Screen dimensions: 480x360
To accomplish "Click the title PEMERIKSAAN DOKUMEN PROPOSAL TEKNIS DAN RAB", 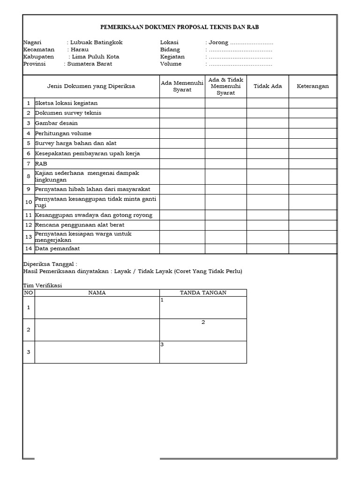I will click(180, 28).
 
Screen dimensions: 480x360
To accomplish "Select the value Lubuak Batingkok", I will click(96, 42).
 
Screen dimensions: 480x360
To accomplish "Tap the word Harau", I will click(79, 49).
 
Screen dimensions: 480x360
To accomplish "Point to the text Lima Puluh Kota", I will click(96, 57).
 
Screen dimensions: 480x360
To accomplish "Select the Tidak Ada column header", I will click(268, 86).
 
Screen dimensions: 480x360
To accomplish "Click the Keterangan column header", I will click(313, 86).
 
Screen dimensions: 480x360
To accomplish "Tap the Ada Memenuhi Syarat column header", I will click(182, 86).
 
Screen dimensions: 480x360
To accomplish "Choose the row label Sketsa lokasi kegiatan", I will click(66, 103).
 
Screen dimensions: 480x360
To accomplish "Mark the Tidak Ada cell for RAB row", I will click(268, 164).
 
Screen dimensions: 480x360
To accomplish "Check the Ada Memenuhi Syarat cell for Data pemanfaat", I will click(182, 249).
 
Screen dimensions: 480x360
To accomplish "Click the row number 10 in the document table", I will click(29, 202).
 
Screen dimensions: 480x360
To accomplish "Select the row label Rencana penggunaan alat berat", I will click(80, 225).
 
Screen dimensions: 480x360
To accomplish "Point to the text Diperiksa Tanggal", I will click(50, 264).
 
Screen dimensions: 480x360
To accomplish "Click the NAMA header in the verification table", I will click(97, 293).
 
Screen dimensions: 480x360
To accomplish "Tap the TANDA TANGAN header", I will click(203, 293).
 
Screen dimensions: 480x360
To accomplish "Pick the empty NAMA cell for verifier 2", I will click(97, 330).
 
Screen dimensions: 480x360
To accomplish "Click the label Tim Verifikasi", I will click(43, 285).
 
